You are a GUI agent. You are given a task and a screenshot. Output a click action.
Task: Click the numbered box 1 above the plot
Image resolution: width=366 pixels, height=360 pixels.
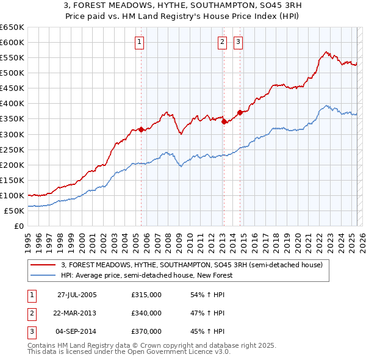coord(140,42)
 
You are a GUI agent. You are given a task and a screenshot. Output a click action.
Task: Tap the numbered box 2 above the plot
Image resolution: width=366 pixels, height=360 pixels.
coord(222,42)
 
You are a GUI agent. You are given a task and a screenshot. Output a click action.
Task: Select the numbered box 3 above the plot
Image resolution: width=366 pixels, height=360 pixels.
coord(238,42)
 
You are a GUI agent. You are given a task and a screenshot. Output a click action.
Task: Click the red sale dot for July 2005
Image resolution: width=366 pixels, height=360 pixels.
coord(141,129)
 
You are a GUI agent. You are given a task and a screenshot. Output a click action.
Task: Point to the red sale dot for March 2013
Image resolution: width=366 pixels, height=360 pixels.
coord(224,121)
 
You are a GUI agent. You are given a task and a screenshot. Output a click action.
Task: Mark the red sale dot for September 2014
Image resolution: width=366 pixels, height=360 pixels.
coord(240,112)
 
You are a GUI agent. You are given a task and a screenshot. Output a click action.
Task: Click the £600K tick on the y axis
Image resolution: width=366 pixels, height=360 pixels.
coord(12,42)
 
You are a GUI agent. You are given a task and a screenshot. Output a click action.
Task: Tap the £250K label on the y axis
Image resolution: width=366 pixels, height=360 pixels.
coord(12,149)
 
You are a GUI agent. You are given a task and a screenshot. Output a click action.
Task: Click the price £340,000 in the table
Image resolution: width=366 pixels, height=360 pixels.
coord(146,313)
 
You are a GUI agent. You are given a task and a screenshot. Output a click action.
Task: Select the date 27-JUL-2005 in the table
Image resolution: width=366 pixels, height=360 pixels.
coord(77,294)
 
